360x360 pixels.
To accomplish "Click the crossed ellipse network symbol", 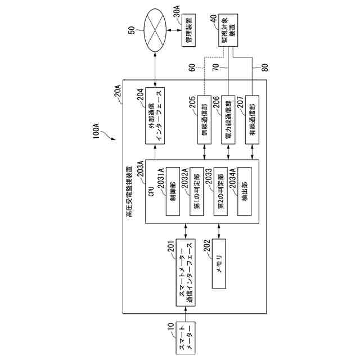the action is pyautogui.click(x=155, y=30).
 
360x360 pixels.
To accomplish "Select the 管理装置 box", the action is pyautogui.click(x=189, y=30).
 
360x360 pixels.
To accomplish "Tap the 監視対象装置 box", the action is pyautogui.click(x=228, y=30).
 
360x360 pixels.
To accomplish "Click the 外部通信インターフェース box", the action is pyautogui.click(x=155, y=116).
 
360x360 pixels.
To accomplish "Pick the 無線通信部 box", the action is pyautogui.click(x=204, y=120).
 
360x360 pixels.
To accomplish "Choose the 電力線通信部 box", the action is pyautogui.click(x=228, y=120).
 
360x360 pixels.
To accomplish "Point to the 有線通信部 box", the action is pyautogui.click(x=253, y=120).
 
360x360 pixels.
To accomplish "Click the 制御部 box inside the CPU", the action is pyautogui.click(x=173, y=191).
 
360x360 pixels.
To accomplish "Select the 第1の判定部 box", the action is pyautogui.click(x=197, y=191).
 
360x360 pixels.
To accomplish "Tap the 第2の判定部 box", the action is pyautogui.click(x=220, y=191).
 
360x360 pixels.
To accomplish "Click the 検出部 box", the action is pyautogui.click(x=245, y=191).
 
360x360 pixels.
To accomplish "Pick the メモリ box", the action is pyautogui.click(x=219, y=264).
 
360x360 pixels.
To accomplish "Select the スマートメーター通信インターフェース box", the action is pyautogui.click(x=186, y=272).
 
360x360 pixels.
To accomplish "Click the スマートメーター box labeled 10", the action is pyautogui.click(x=186, y=338).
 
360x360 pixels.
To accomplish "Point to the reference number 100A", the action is pyautogui.click(x=96, y=131).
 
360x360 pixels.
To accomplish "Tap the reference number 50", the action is pyautogui.click(x=132, y=30).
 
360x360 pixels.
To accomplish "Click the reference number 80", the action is pyautogui.click(x=265, y=67).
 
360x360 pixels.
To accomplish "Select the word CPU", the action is pyautogui.click(x=151, y=191).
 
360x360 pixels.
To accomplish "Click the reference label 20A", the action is pyautogui.click(x=118, y=91).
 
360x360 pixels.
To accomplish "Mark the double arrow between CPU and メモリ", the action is pyautogui.click(x=219, y=231).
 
